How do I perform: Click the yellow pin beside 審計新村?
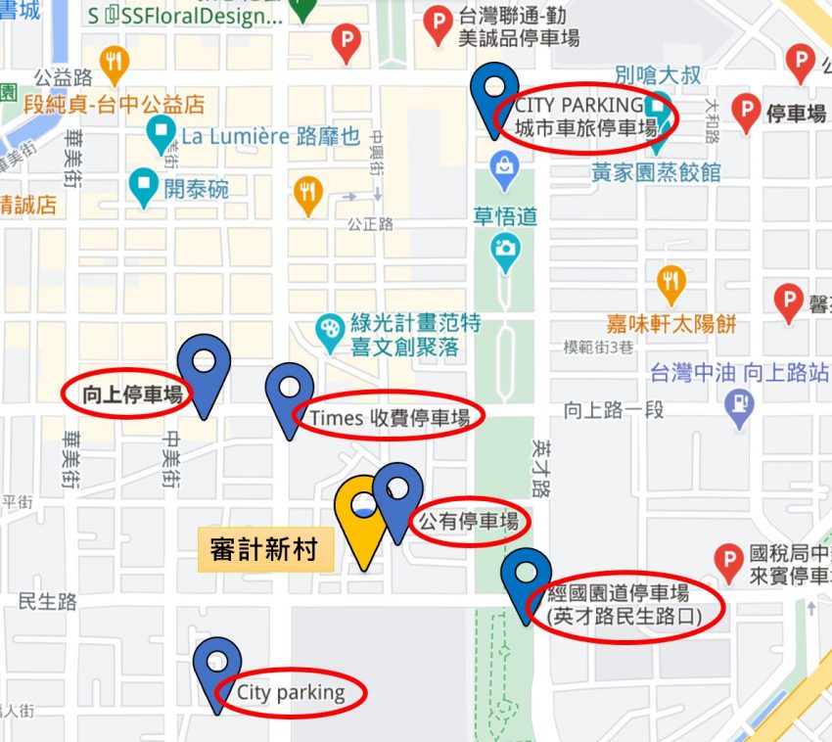click(360, 519)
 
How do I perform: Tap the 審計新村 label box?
click(264, 550)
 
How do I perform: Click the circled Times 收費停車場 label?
click(390, 417)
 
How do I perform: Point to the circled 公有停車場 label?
click(469, 521)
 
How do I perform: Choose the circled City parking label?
click(291, 693)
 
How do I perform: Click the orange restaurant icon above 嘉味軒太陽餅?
click(670, 282)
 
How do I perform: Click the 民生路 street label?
click(48, 601)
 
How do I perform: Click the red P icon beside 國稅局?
click(728, 562)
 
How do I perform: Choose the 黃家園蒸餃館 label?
click(656, 173)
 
